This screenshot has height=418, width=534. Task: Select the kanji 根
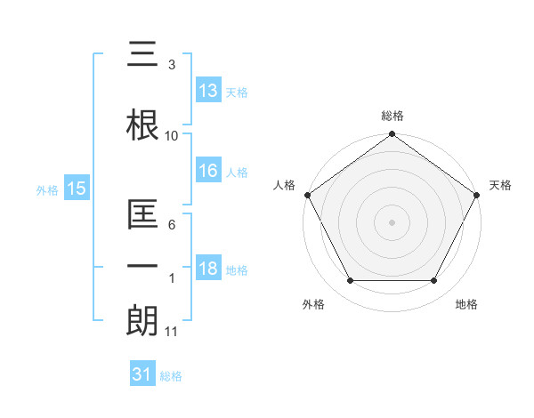point(143,124)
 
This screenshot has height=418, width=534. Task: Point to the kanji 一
point(143,266)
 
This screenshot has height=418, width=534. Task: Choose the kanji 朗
point(143,319)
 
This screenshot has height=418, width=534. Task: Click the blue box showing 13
point(208,91)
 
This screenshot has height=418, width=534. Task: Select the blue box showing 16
point(208,172)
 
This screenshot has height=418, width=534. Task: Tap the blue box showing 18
point(208,269)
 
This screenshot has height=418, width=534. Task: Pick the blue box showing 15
point(76,188)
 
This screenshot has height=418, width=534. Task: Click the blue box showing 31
point(142,375)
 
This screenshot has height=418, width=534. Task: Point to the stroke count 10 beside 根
point(171,135)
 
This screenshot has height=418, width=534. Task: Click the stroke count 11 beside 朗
point(171,332)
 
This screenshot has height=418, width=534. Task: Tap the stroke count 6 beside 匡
point(171,225)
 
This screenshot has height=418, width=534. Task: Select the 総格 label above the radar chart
point(392,116)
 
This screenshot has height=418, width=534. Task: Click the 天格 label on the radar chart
point(500,185)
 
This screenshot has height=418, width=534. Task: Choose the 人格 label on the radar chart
point(284,185)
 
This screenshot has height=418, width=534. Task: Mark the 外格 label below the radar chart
point(313,304)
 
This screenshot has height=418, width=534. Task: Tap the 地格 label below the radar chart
point(466,304)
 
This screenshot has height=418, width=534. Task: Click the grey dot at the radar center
point(392,221)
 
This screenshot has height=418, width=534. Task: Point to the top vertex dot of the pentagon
point(392,135)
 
